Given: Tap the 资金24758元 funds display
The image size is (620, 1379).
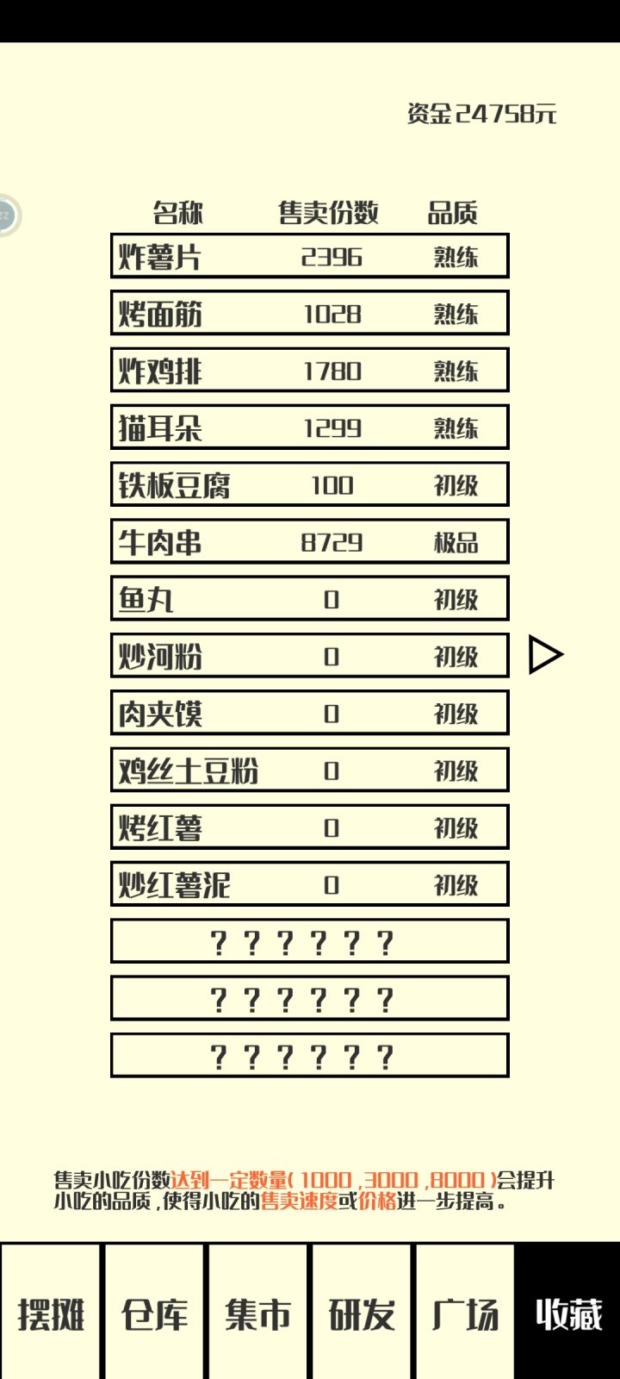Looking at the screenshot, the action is [481, 114].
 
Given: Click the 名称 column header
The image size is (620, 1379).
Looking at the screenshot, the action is [177, 213].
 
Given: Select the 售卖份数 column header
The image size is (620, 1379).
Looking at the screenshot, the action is [328, 213].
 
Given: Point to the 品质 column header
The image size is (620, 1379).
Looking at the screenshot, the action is [453, 213].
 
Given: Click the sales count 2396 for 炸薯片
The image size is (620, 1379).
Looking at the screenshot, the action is [332, 257].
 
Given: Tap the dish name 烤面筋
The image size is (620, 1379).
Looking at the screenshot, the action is [160, 314].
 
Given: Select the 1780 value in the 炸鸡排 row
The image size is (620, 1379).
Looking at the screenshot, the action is [332, 371].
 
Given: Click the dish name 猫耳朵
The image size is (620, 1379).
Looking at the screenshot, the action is [160, 427].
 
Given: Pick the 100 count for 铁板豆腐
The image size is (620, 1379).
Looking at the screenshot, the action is [332, 485].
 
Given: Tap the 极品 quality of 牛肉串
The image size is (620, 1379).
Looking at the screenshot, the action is [456, 542].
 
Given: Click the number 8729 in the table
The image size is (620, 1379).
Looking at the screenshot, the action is [332, 542].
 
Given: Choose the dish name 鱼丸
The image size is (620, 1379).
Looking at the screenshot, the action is [146, 599].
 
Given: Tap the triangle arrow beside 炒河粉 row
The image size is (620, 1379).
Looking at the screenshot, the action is [546, 655].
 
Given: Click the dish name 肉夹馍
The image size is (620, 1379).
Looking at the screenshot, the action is [160, 714].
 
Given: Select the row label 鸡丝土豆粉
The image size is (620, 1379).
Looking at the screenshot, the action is [189, 771].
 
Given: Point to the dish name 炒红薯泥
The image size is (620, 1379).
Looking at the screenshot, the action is [174, 884].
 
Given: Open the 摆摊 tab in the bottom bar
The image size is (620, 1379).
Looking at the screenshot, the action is [51, 1314].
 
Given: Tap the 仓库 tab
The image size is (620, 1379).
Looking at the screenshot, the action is [154, 1314].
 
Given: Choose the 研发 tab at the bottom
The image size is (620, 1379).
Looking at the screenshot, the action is [362, 1314].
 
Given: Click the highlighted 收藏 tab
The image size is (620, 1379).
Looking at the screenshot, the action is [568, 1314].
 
